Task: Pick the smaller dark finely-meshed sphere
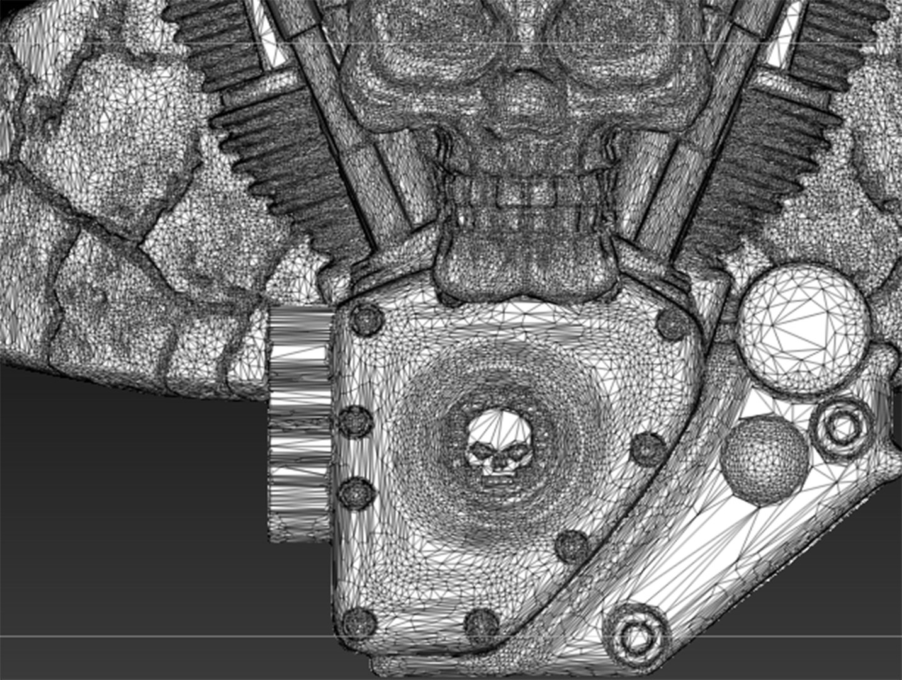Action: coord(764,460)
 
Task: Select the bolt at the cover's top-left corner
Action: coord(364,319)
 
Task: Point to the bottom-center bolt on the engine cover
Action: coord(481,623)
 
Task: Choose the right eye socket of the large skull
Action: coord(604,31)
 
